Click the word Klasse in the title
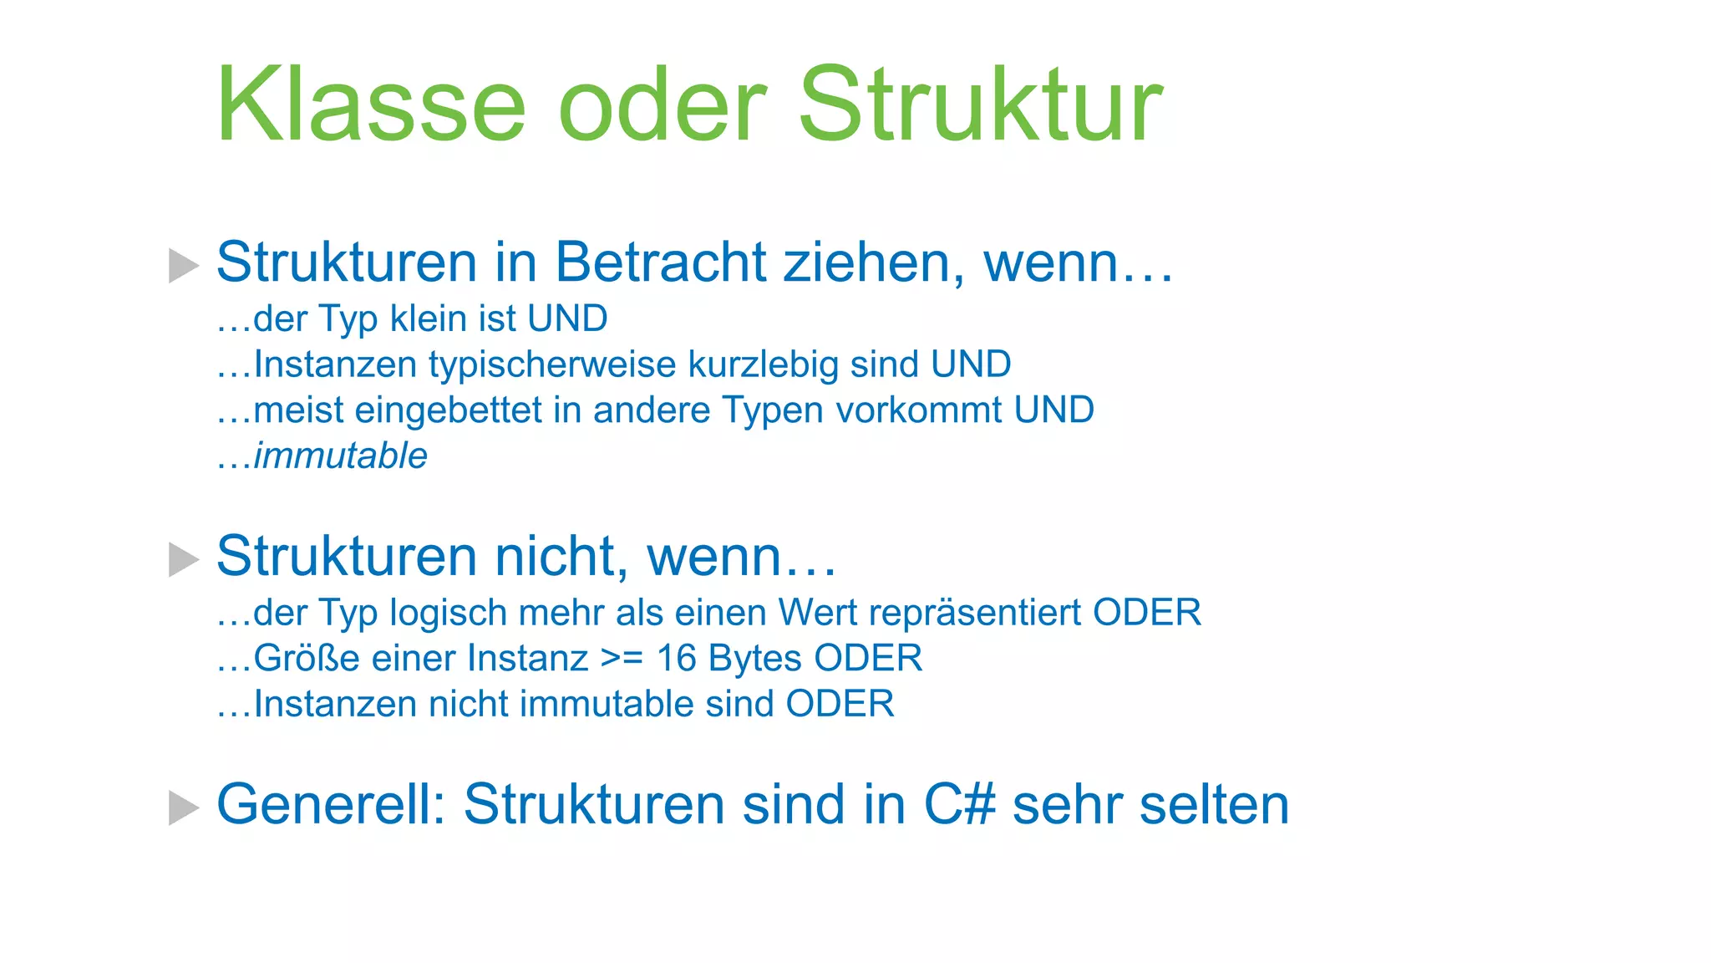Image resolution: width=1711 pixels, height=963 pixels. coord(371,105)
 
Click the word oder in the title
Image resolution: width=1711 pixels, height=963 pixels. coord(662,105)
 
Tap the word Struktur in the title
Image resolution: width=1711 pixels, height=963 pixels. coord(980,105)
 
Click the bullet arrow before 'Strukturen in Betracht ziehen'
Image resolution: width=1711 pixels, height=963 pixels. coord(183,265)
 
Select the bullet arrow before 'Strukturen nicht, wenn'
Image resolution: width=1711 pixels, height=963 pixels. coord(183,559)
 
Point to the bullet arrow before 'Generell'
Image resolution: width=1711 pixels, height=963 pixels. coord(183,808)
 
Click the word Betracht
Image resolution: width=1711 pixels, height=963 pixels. coord(660,262)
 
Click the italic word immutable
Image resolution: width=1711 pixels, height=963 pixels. coord(340,456)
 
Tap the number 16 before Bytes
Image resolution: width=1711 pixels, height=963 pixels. coord(676,659)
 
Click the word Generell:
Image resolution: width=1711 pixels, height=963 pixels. coord(331,805)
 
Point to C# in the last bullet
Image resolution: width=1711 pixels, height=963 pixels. coord(959,805)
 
